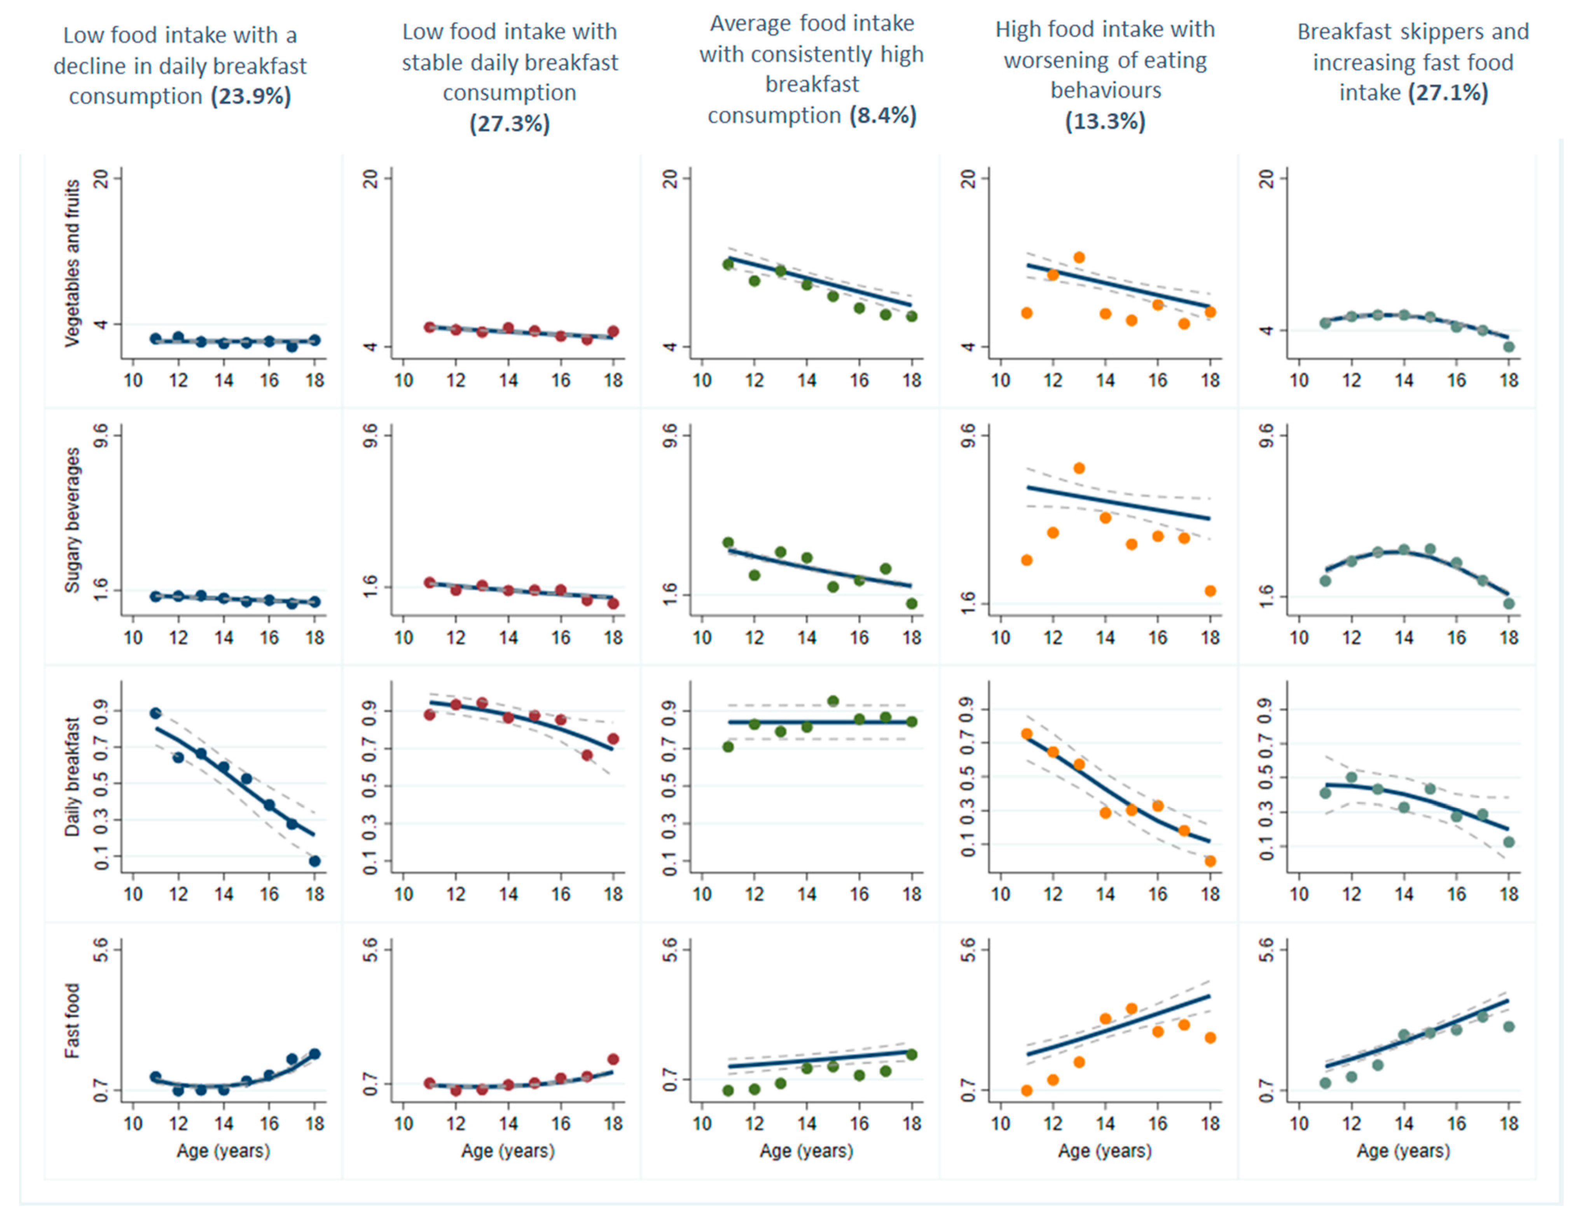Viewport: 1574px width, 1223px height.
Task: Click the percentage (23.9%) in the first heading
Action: (x=251, y=96)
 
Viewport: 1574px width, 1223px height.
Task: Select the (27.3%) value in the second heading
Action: (x=510, y=123)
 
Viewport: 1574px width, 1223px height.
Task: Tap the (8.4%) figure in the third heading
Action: (x=883, y=115)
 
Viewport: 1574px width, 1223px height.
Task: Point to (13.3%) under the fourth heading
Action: (x=1105, y=121)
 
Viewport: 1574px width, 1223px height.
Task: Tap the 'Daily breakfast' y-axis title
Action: (x=72, y=777)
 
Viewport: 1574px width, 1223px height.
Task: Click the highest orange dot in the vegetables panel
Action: (x=1079, y=257)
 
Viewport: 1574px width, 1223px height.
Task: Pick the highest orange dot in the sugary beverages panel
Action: (x=1079, y=468)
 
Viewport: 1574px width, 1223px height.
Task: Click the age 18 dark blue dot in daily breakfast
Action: (x=314, y=861)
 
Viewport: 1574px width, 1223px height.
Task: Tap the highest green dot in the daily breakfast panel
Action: (x=833, y=701)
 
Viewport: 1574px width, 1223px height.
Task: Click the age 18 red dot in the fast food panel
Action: (x=613, y=1059)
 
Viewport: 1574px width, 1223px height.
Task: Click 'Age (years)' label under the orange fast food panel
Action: (x=1104, y=1151)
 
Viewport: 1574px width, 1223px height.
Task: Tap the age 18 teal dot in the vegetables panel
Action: (x=1509, y=347)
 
